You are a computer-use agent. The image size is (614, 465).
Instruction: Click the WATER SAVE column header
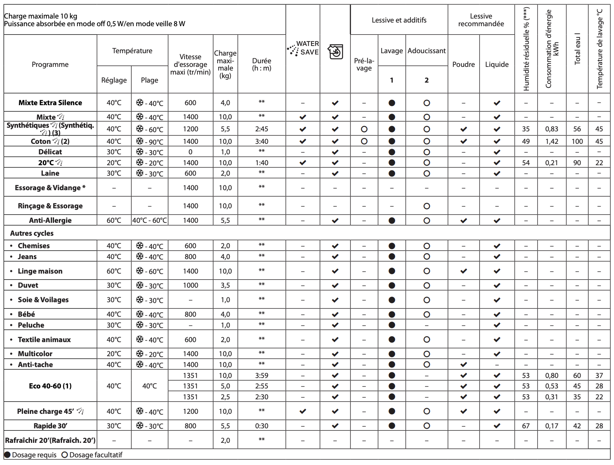(x=303, y=48)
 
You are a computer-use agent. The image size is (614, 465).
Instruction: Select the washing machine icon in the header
(x=335, y=52)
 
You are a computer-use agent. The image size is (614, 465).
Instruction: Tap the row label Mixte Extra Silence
(x=50, y=103)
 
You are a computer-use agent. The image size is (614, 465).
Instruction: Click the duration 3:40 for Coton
(x=261, y=141)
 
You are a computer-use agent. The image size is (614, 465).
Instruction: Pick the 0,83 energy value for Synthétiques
(x=552, y=129)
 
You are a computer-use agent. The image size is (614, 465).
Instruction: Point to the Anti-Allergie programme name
(x=50, y=220)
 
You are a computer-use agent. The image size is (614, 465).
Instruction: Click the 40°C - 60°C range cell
(x=149, y=220)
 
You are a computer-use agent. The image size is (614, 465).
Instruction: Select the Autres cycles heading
(x=32, y=233)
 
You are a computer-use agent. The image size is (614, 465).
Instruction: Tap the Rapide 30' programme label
(x=50, y=426)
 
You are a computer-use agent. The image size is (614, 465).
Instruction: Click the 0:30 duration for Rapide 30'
(x=261, y=426)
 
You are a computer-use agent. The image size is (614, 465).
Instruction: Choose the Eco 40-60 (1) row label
(x=50, y=386)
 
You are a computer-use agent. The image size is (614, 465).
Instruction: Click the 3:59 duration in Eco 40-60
(x=261, y=376)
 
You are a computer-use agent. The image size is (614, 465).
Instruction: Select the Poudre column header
(x=463, y=64)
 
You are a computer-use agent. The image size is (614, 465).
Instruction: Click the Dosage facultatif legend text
(x=95, y=455)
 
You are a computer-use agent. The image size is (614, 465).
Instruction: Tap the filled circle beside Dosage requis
(x=7, y=455)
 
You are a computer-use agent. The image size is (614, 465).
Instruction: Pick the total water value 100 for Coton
(x=577, y=141)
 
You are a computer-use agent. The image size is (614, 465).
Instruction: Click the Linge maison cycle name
(x=40, y=271)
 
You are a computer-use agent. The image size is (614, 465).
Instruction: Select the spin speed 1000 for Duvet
(x=191, y=285)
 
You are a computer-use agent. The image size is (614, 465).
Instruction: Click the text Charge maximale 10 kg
(x=40, y=16)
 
